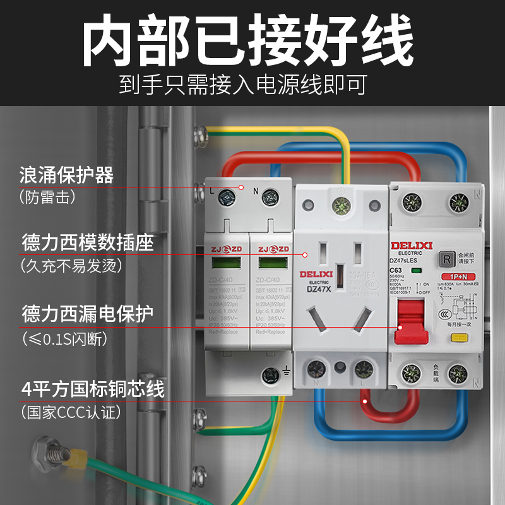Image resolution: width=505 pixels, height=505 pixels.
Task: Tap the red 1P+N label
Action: (463, 277)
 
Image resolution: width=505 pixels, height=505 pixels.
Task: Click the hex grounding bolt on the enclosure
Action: (46, 453)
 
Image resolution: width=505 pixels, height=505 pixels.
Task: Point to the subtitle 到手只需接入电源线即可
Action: (243, 85)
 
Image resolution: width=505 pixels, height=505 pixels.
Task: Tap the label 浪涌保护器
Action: (67, 175)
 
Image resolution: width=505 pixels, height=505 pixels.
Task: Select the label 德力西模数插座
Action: (88, 242)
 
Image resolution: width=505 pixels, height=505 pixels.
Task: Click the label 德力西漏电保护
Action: (88, 314)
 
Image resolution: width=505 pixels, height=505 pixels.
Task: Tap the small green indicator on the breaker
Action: (416, 271)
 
